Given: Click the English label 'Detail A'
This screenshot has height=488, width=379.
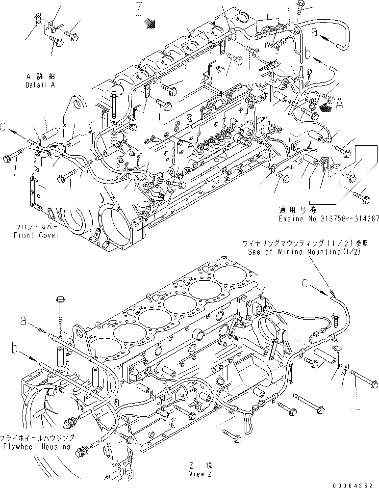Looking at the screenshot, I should coord(41,85).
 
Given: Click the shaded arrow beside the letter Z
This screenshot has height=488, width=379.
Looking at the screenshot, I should coord(150,22).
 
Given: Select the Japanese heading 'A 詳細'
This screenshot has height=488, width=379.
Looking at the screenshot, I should coord(41,76).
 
